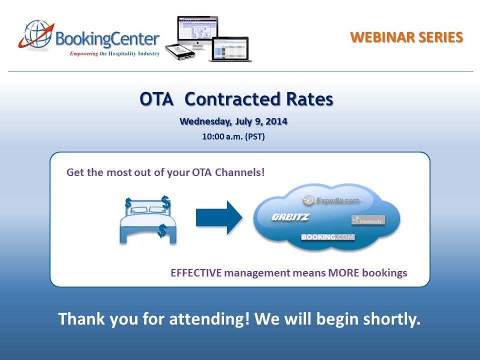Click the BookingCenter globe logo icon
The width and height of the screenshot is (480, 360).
[x=35, y=35]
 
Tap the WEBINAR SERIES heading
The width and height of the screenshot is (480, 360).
[x=406, y=37]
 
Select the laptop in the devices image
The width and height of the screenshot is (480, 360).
[x=230, y=49]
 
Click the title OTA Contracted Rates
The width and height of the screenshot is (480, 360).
[x=236, y=99]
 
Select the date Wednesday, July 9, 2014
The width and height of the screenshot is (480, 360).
[x=233, y=121]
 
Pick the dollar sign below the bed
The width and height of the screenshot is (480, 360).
[x=162, y=230]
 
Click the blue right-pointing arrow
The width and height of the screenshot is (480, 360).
[x=218, y=217]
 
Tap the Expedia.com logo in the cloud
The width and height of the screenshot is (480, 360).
[x=331, y=200]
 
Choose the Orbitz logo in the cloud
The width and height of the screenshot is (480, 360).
[x=290, y=217]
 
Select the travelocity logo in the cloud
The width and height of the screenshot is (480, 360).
[x=368, y=219]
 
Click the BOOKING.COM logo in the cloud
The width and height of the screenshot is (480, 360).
[x=328, y=237]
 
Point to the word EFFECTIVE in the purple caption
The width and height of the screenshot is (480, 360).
[x=196, y=273]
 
